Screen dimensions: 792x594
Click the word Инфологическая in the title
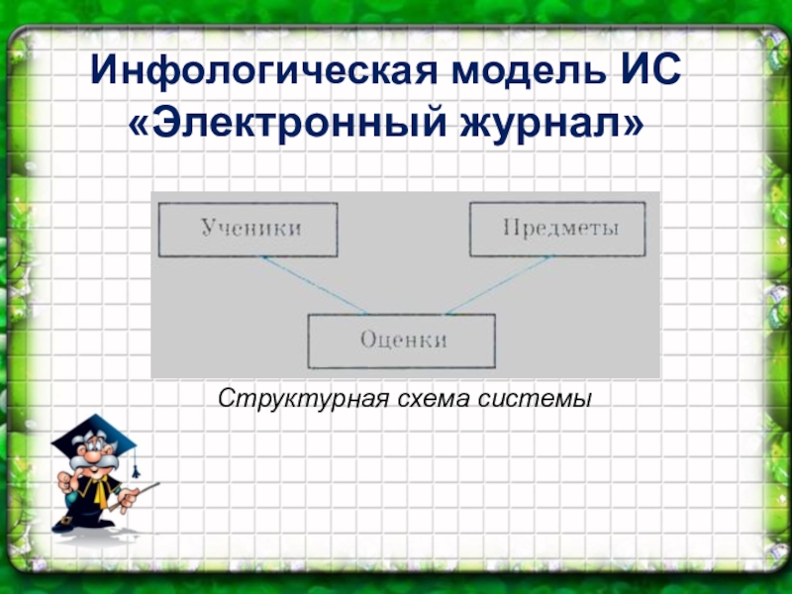tap(263, 70)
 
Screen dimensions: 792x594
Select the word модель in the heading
tap(529, 70)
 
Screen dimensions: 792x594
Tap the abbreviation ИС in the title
tap(651, 69)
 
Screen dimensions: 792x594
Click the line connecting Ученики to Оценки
tap(314, 285)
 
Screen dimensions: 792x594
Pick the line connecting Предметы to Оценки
tap(499, 285)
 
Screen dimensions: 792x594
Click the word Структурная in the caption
tap(304, 399)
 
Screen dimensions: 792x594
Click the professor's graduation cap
tap(93, 436)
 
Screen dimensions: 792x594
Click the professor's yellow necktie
tap(100, 493)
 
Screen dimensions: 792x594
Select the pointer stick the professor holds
tap(135, 497)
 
